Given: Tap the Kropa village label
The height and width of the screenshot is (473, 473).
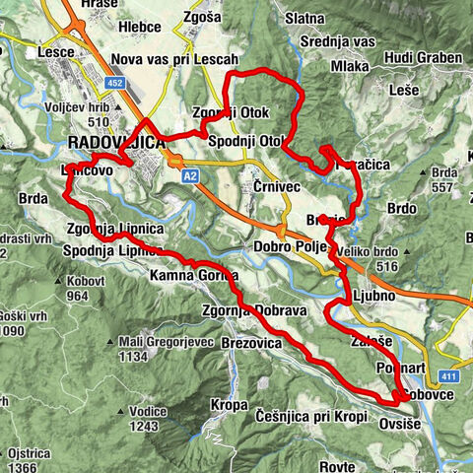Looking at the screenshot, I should click(x=229, y=405).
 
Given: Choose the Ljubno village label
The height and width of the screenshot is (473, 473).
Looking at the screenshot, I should click(x=372, y=296).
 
